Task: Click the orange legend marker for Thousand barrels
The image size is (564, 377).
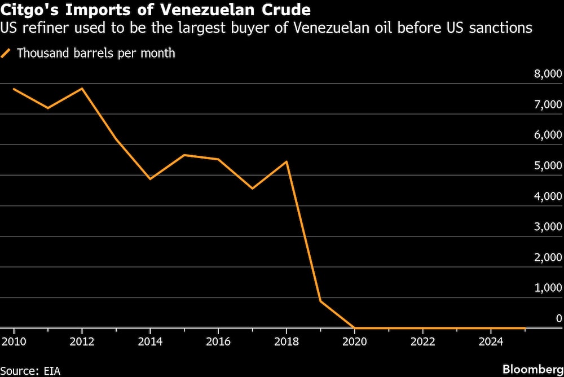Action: coord(7,54)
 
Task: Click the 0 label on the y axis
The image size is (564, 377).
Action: coord(558,318)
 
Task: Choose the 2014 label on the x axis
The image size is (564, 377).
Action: coord(150,342)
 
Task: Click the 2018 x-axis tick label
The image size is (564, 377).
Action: coord(287,342)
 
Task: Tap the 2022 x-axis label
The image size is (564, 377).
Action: coord(422,342)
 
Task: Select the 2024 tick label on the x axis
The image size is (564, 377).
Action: coord(491,342)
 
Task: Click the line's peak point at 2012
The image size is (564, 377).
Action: coord(82,89)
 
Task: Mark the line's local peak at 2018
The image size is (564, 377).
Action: coord(287,162)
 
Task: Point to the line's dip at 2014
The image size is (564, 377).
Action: coord(150,179)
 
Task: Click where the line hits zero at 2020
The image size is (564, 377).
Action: coord(354,327)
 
